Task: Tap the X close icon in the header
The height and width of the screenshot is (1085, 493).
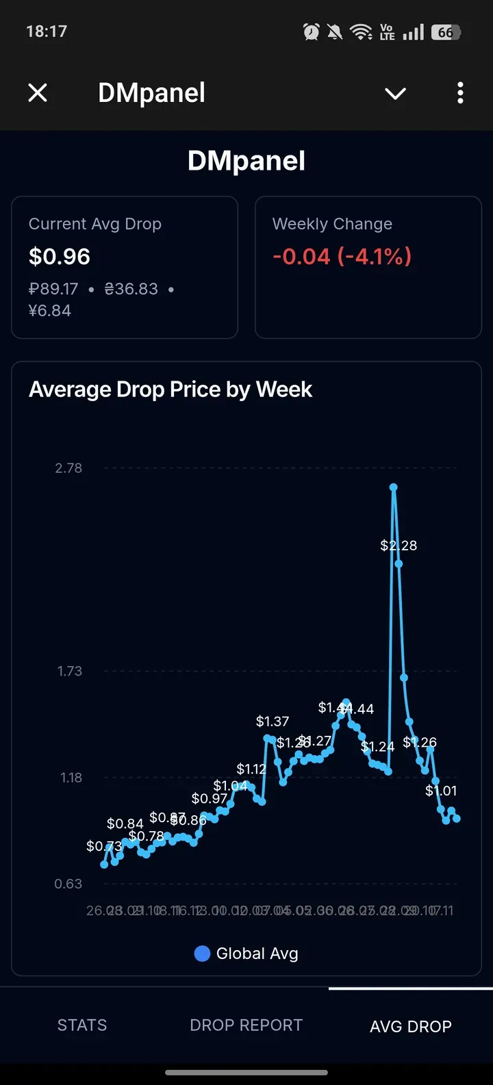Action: pyautogui.click(x=38, y=92)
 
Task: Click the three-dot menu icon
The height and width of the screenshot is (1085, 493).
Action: pyautogui.click(x=460, y=92)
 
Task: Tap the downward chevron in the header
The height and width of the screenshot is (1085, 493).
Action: pyautogui.click(x=396, y=93)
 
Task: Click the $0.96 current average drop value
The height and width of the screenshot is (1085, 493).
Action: pyautogui.click(x=60, y=257)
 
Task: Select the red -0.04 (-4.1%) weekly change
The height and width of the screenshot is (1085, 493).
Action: pyautogui.click(x=342, y=257)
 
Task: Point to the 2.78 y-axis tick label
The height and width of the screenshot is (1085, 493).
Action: pyautogui.click(x=68, y=468)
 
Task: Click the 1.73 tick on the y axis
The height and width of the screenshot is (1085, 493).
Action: pyautogui.click(x=70, y=671)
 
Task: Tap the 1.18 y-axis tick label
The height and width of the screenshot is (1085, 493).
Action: pyautogui.click(x=71, y=778)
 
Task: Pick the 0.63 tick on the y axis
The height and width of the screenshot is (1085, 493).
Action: pyautogui.click(x=68, y=884)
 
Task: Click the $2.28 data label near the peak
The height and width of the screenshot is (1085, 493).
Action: pyautogui.click(x=399, y=546)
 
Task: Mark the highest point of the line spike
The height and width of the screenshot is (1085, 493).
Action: pyautogui.click(x=394, y=487)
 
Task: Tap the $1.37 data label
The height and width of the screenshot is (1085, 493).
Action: pyautogui.click(x=273, y=722)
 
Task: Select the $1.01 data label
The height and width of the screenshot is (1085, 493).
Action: pyautogui.click(x=441, y=791)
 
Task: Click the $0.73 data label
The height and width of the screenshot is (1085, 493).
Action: pyautogui.click(x=104, y=846)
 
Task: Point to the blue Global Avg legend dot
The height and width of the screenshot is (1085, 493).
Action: pyautogui.click(x=202, y=954)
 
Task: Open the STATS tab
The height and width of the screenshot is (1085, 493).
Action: pyautogui.click(x=82, y=1025)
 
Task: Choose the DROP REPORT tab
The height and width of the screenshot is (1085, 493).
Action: pyautogui.click(x=246, y=1025)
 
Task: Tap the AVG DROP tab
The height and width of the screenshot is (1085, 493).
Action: pyautogui.click(x=411, y=1026)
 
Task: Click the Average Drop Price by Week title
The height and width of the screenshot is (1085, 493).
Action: pyautogui.click(x=170, y=390)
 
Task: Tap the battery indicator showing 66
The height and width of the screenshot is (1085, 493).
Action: pyautogui.click(x=446, y=32)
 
